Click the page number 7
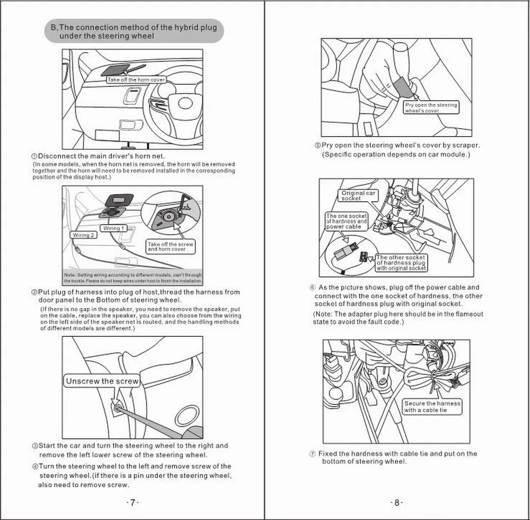[x=132, y=503]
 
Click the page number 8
[x=396, y=503]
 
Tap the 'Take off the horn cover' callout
[x=136, y=80]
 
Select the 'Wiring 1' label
[x=114, y=228]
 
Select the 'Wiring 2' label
[x=83, y=235]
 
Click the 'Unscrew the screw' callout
[x=102, y=381]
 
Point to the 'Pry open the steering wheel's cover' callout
[x=430, y=108]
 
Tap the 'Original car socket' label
[x=358, y=196]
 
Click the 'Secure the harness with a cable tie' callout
[x=432, y=407]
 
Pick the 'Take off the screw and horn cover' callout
[x=171, y=246]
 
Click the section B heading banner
[x=134, y=32]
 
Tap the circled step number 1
[x=34, y=156]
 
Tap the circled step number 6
[x=313, y=288]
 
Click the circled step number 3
[x=34, y=446]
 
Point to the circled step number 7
[x=313, y=454]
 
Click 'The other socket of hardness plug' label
[x=401, y=263]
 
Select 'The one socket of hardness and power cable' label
[x=346, y=221]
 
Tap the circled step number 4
[x=34, y=467]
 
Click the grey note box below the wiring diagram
[x=132, y=278]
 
